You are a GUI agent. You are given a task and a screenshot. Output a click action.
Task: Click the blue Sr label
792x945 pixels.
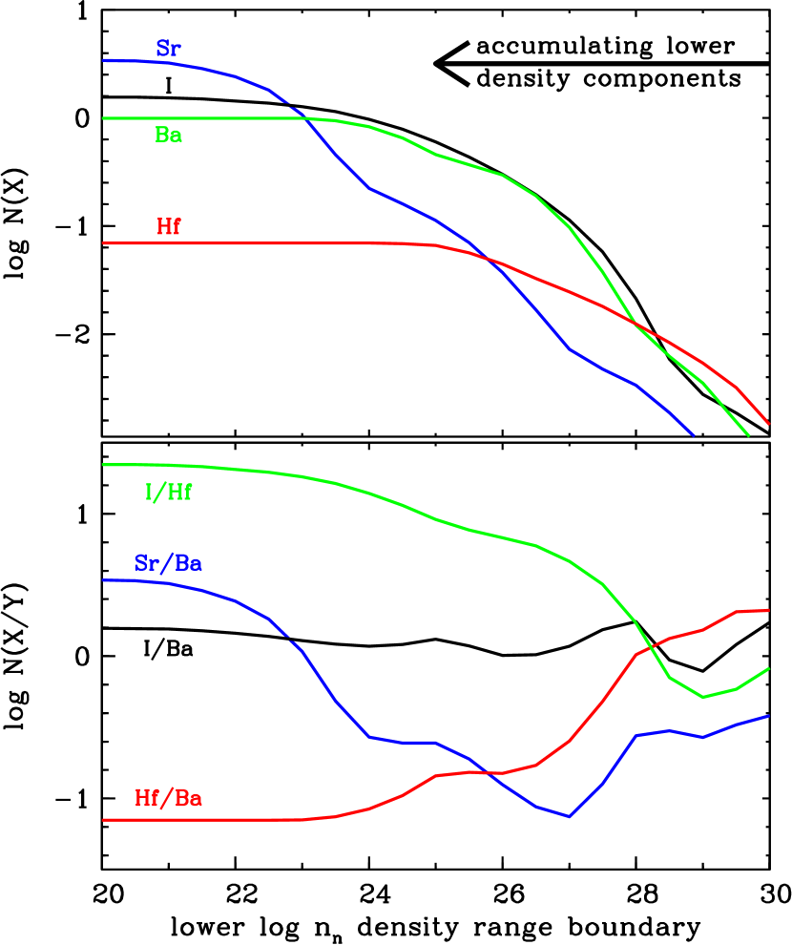click(x=168, y=50)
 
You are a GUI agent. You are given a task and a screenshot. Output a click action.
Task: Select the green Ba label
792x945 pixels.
click(x=169, y=136)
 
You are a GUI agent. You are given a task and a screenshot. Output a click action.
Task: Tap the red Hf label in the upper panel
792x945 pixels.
click(x=169, y=227)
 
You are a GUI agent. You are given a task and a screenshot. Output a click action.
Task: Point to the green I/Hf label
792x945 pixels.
click(x=169, y=493)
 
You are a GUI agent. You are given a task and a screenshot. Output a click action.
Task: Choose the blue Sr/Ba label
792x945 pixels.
click(x=168, y=563)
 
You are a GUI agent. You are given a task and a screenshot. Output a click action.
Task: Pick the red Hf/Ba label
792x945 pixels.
click(x=168, y=798)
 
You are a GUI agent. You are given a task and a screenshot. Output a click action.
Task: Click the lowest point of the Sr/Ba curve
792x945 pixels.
click(x=570, y=817)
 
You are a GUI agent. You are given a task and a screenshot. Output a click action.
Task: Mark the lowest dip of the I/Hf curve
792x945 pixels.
click(x=703, y=697)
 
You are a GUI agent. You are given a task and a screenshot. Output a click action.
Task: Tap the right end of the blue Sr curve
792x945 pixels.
click(x=694, y=435)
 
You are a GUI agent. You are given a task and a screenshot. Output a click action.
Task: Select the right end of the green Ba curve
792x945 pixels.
click(x=749, y=435)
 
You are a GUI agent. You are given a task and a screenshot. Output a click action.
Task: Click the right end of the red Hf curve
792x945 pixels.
click(x=769, y=424)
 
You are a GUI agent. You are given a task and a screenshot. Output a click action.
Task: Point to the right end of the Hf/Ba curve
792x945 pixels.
click(x=769, y=610)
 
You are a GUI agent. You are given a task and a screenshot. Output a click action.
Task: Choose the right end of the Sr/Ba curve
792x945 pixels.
click(x=769, y=716)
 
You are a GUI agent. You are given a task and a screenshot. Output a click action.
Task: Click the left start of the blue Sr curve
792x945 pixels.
click(x=103, y=60)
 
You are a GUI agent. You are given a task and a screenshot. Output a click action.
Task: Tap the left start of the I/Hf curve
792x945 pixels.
click(x=103, y=465)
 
